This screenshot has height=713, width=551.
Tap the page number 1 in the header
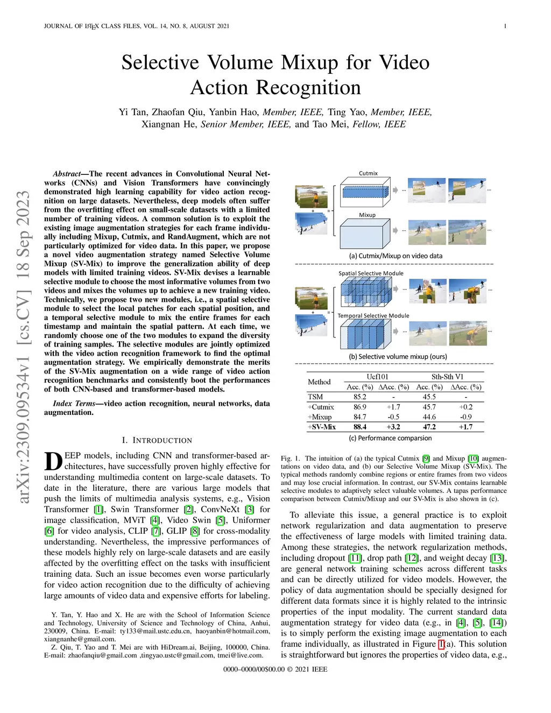505,26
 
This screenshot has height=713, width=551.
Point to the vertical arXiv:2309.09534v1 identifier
23,347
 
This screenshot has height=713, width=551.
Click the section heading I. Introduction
157,440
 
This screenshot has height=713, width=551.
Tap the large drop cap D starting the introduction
53,462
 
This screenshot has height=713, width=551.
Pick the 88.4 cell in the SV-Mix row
359,427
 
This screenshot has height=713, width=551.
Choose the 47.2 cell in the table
429,427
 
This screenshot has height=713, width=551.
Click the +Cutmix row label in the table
321,407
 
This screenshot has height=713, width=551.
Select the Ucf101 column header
377,377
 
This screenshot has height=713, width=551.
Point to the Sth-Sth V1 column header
447,377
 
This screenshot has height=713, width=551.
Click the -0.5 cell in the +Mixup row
393,417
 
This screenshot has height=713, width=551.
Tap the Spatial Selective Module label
371,273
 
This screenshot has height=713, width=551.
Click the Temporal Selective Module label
373,316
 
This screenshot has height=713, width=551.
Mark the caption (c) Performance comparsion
394,438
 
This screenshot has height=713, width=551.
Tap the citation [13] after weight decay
497,558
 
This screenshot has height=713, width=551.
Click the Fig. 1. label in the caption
290,458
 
